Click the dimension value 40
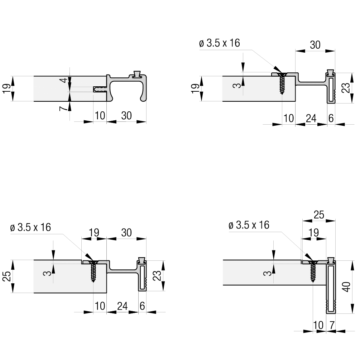347,287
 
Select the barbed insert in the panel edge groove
100,89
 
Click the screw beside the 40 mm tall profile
313,271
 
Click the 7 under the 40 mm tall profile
332,325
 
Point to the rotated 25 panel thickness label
7,276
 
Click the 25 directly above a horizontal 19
319,215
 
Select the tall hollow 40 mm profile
331,287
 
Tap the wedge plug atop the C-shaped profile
137,74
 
